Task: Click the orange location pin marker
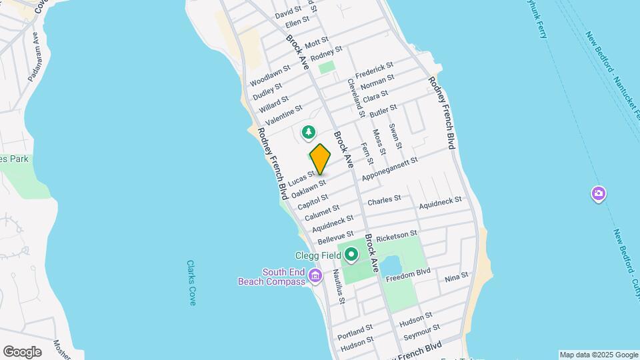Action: tap(320, 159)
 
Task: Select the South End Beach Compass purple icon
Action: tap(317, 275)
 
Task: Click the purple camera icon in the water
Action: tap(599, 194)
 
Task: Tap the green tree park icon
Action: tap(308, 133)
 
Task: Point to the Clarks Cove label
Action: tap(191, 283)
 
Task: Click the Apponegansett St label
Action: tap(389, 169)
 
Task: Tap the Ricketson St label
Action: tap(396, 236)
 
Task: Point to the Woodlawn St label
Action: tap(270, 75)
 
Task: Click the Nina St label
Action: tap(457, 276)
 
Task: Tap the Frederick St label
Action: tap(374, 69)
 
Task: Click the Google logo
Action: tap(22, 351)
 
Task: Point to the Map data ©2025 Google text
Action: tap(599, 355)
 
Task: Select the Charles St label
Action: tap(384, 199)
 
